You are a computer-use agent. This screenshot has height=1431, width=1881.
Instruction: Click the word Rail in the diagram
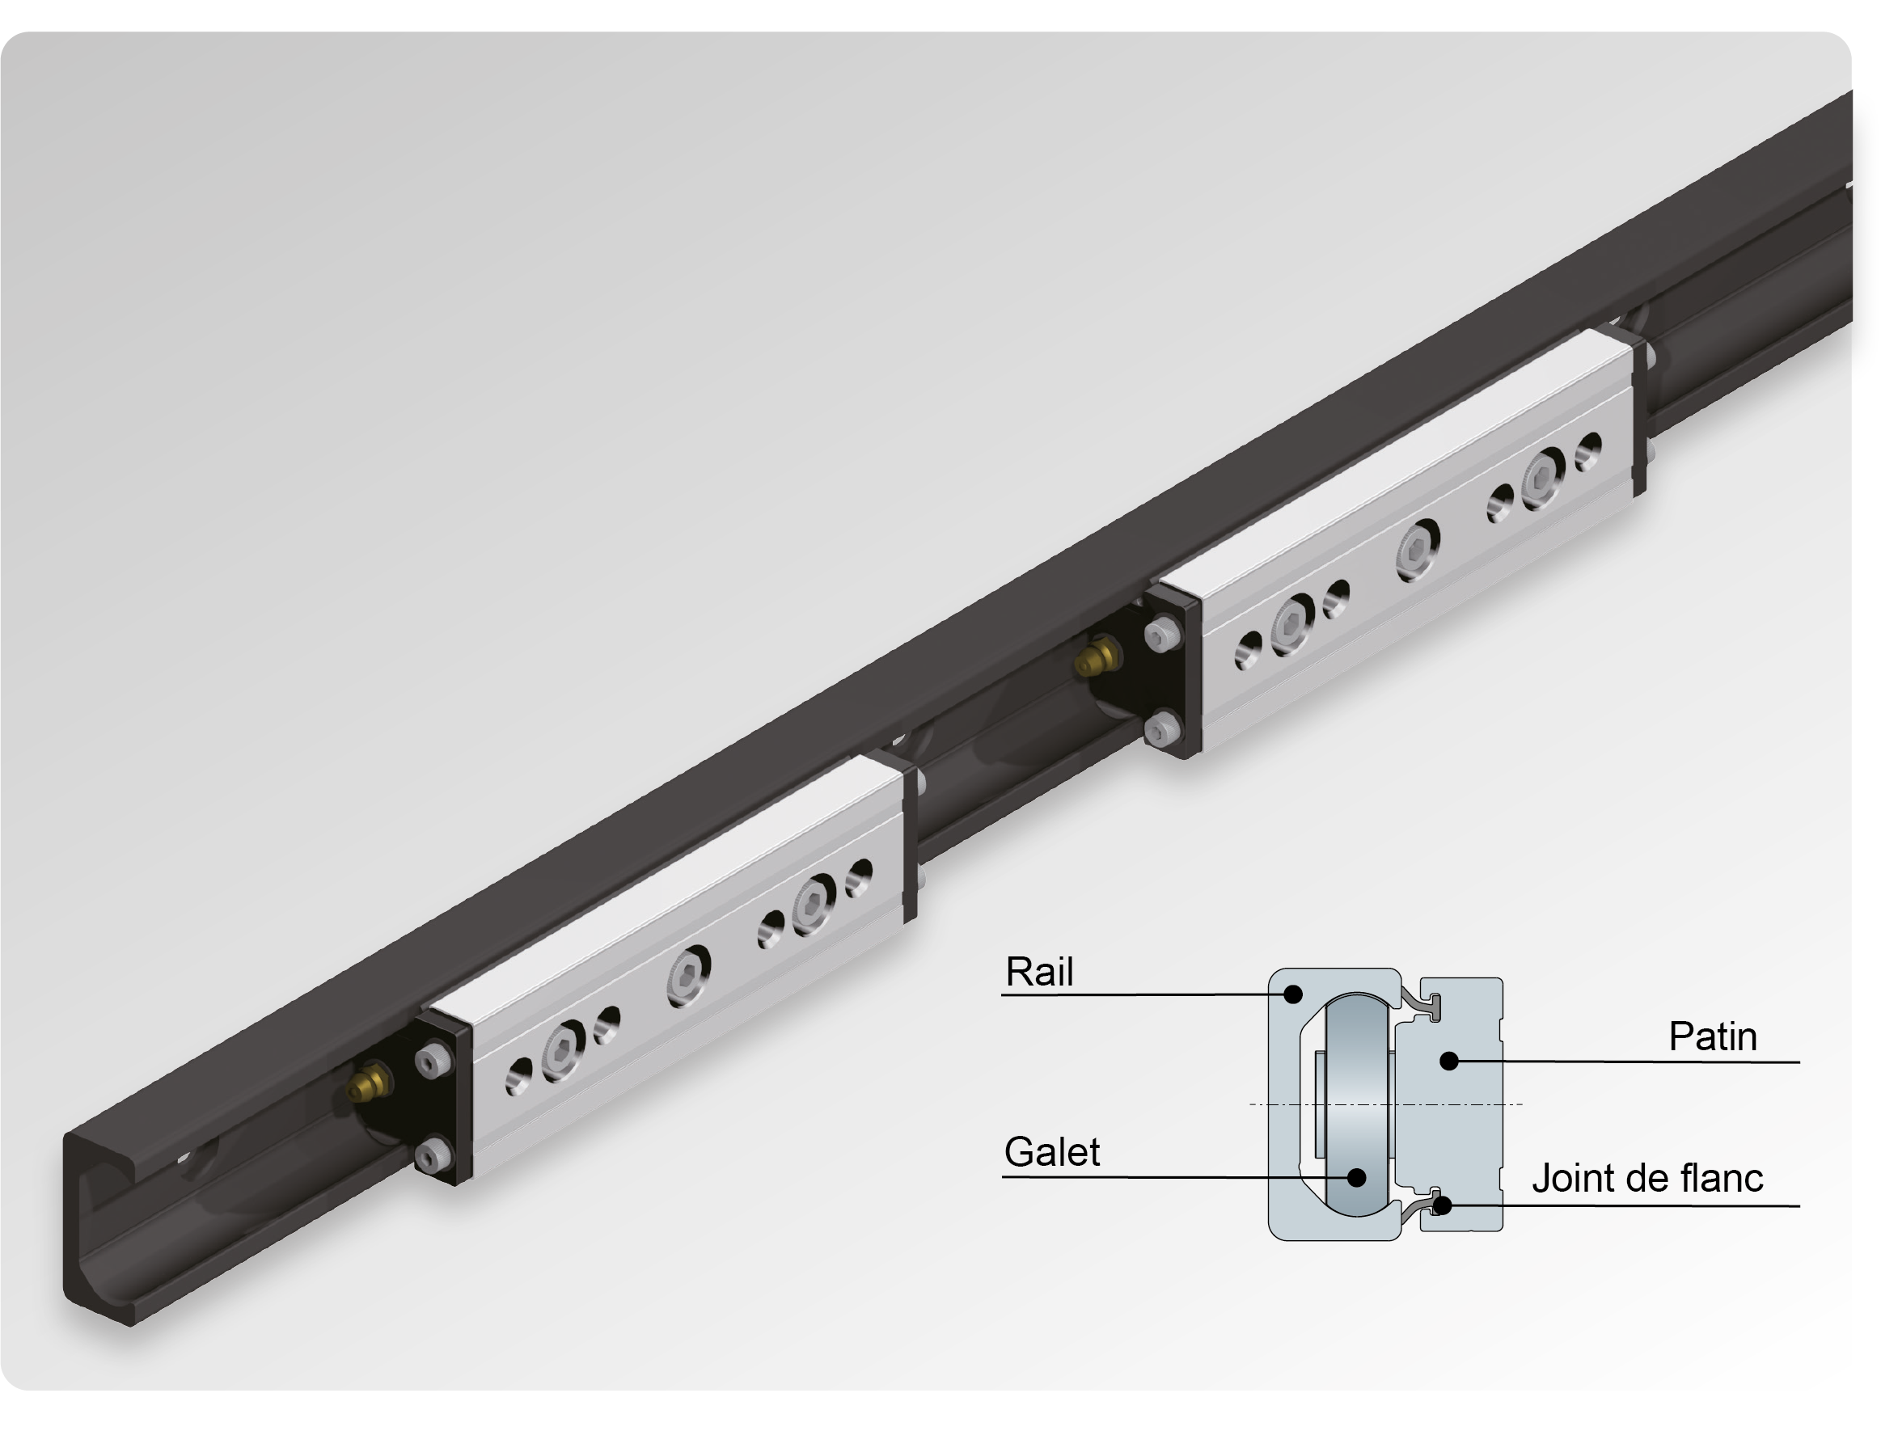(1038, 972)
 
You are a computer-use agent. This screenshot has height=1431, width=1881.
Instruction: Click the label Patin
(1712, 1036)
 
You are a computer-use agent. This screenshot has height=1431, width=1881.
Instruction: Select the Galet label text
(1051, 1152)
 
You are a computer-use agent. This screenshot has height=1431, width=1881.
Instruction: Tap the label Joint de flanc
(1646, 1179)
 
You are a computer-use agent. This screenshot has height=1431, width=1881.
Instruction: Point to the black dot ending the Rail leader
(1293, 993)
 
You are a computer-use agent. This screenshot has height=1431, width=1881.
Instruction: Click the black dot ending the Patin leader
(1449, 1061)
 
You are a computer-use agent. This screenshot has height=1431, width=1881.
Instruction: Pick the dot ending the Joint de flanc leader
(1442, 1205)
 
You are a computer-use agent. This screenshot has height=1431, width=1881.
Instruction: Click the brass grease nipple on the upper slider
(1096, 657)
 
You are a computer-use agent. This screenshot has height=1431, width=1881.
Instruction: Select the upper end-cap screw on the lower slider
(433, 1061)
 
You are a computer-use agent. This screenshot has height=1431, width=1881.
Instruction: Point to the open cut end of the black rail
(98, 1226)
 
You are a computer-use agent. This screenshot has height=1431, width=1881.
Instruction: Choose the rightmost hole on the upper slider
(1588, 450)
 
